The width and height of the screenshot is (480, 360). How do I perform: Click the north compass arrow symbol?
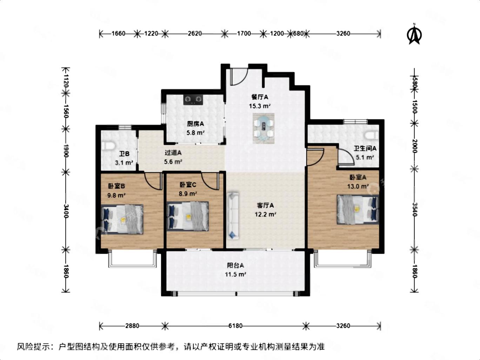414,34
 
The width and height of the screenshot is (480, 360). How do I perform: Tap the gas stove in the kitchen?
193,99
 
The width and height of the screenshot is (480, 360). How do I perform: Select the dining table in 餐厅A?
264,128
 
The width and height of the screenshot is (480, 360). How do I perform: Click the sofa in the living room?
233,216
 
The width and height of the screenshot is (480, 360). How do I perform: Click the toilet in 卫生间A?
372,135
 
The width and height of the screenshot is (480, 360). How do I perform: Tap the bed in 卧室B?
122,219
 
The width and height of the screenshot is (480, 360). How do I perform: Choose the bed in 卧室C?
188,216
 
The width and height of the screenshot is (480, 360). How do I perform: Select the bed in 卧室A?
358,209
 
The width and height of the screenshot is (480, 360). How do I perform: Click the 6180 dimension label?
235,326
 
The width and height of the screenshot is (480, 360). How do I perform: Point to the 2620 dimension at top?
195,33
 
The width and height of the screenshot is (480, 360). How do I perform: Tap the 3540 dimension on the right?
415,209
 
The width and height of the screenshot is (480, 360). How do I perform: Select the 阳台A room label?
235,265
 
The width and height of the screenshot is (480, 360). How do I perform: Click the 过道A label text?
173,153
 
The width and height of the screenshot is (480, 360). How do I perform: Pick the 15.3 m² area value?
260,106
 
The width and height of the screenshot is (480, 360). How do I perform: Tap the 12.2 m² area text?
265,214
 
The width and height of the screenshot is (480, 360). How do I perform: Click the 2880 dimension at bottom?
132,326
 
